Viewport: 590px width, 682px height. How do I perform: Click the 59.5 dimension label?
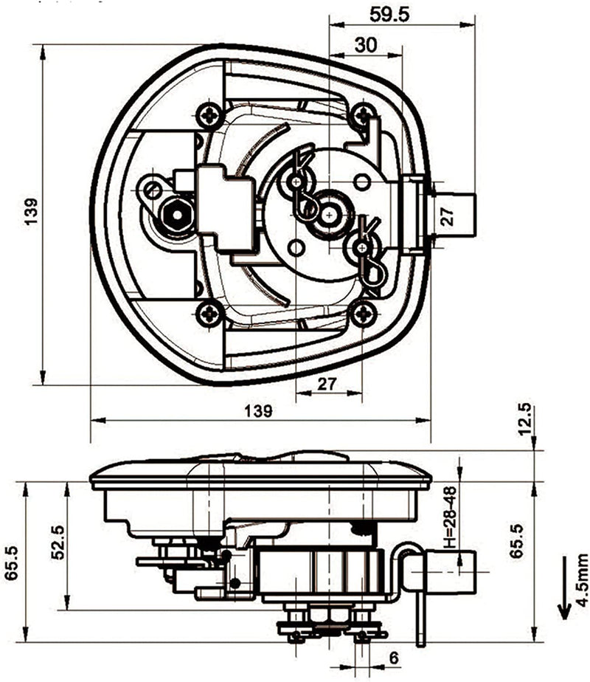pyautogui.click(x=389, y=15)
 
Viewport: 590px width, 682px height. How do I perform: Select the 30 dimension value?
pyautogui.click(x=366, y=45)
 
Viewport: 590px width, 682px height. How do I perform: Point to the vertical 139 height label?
pyautogui.click(x=31, y=211)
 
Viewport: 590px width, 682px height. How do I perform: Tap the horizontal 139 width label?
pyautogui.click(x=259, y=410)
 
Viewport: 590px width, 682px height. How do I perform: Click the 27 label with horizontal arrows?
pyautogui.click(x=327, y=384)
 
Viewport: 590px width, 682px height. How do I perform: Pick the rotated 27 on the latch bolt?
pyautogui.click(x=448, y=216)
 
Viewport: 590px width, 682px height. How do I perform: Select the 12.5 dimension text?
pyautogui.click(x=524, y=418)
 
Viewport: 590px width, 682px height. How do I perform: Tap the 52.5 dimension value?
pyautogui.click(x=58, y=542)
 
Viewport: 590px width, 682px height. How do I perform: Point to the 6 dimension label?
pyautogui.click(x=393, y=658)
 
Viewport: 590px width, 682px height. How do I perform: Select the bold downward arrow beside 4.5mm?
pyautogui.click(x=564, y=588)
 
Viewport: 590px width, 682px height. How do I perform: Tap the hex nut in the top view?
pyautogui.click(x=177, y=215)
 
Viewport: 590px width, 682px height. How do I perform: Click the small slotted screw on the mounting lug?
pyautogui.click(x=152, y=189)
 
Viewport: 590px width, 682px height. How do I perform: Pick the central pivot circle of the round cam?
pyautogui.click(x=330, y=215)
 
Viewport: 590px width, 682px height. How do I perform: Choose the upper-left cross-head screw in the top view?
pyautogui.click(x=211, y=115)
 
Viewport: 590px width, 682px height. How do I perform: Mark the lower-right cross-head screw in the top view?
pyautogui.click(x=363, y=313)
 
